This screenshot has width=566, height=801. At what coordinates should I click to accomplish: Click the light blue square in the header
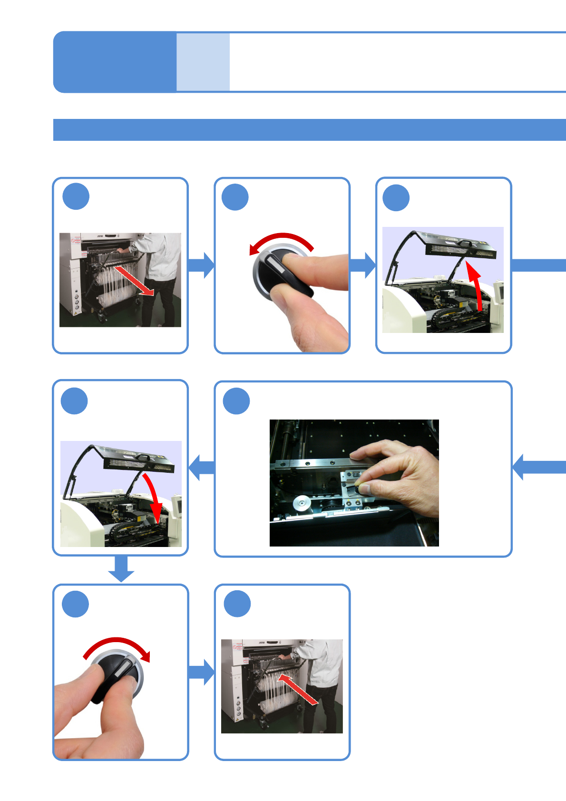tap(203, 62)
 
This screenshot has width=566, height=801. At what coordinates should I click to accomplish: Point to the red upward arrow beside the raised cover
tap(476, 285)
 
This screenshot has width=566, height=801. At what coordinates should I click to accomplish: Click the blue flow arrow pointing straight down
tap(121, 568)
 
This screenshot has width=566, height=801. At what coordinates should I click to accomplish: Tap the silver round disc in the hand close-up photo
tap(300, 503)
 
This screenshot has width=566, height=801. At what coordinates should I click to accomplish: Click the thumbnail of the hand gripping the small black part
tap(354, 482)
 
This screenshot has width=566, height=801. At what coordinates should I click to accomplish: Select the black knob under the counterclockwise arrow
tap(281, 274)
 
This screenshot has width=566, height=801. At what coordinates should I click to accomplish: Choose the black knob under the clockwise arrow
tap(117, 675)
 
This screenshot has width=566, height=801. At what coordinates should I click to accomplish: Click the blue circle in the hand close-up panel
tap(236, 401)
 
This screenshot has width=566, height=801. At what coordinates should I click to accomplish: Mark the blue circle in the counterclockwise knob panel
tap(235, 197)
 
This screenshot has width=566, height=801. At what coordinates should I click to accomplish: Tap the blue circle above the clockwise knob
tap(76, 604)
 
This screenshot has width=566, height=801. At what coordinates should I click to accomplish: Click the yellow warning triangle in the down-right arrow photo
tap(75, 313)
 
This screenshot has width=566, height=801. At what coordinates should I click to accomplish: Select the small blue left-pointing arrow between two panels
tap(202, 467)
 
